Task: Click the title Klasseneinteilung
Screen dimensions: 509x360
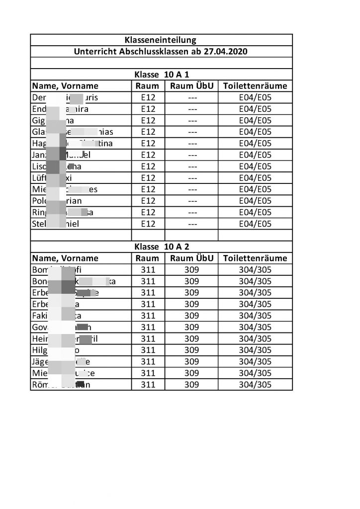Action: pos(161,40)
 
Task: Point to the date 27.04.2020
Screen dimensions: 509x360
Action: pos(223,51)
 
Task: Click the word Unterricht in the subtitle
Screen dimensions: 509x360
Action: pos(93,51)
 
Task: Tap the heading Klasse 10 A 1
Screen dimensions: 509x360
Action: pos(161,75)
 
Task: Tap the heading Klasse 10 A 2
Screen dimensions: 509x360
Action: pos(161,247)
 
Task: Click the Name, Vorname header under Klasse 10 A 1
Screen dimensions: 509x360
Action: pos(65,86)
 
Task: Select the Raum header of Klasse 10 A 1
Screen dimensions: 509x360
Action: pos(148,86)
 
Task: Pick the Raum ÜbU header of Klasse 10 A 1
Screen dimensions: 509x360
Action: pos(191,86)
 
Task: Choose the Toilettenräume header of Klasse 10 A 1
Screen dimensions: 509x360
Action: pos(255,86)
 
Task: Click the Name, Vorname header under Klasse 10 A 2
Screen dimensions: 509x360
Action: pos(65,258)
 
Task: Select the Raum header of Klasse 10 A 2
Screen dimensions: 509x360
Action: pos(148,258)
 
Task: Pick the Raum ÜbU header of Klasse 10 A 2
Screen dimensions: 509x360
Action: pos(191,258)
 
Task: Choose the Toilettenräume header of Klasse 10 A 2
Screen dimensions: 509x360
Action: pos(255,258)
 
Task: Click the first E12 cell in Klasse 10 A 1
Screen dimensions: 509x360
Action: pos(148,97)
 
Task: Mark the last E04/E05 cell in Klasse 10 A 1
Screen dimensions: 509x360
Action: pos(255,224)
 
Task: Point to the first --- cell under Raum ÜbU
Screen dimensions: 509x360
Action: pos(191,97)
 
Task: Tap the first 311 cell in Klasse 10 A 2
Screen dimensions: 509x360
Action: pos(148,270)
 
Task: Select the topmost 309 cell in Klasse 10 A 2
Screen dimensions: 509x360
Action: pos(191,270)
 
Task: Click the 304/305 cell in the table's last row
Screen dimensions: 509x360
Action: pos(255,385)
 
